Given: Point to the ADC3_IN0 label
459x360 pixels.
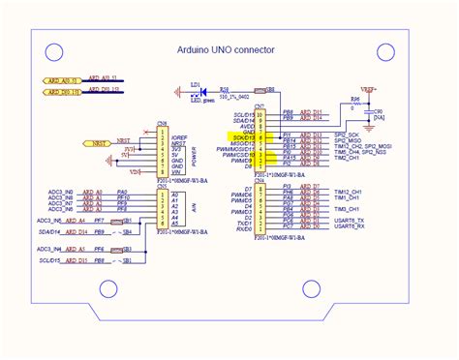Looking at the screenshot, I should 61,193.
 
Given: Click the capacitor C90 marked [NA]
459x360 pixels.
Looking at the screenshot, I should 378,113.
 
